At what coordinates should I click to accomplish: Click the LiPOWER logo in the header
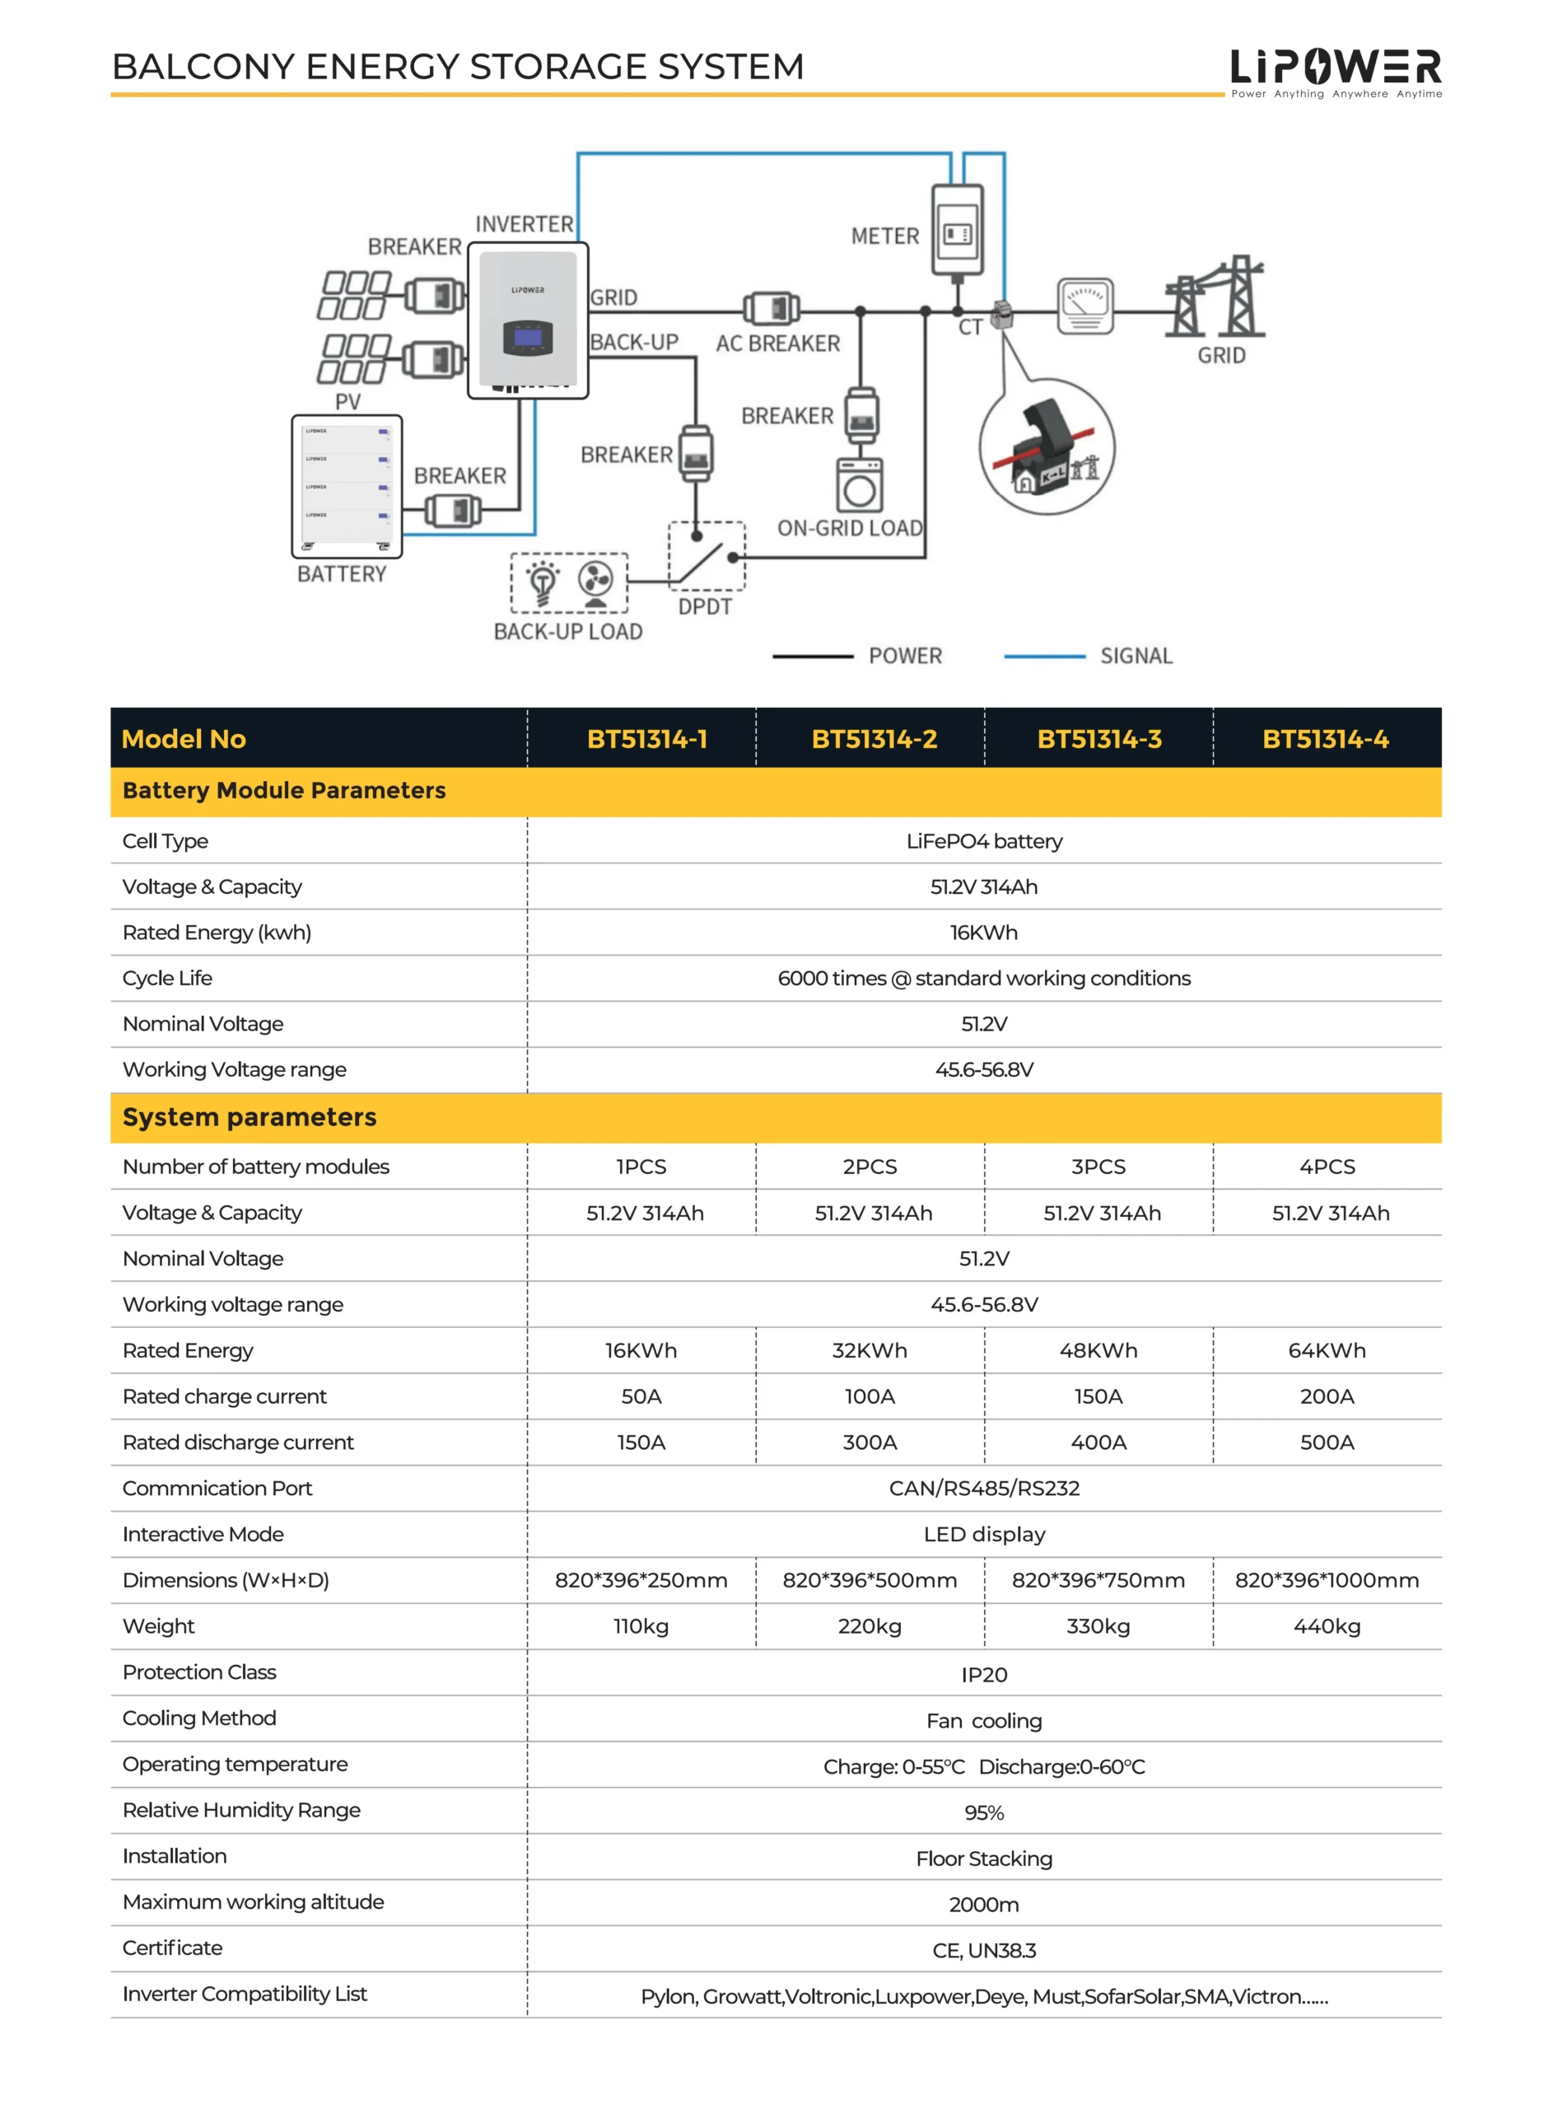point(1335,68)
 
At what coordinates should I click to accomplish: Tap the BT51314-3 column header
point(1099,739)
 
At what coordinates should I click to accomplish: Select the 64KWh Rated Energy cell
point(1327,1350)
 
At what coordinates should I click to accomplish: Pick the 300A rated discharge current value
point(870,1443)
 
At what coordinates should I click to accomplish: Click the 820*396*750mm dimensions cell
point(1098,1581)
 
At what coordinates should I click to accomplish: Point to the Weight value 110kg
point(641,1626)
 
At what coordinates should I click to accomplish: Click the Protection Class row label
point(199,1672)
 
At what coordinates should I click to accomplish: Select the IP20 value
point(984,1675)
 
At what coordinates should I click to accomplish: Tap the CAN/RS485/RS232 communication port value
point(984,1489)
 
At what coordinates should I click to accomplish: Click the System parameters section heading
point(250,1117)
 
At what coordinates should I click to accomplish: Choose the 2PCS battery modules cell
point(870,1167)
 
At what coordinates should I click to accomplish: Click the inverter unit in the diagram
point(529,320)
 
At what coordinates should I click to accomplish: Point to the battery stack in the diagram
point(347,486)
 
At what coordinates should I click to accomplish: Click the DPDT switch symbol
point(707,557)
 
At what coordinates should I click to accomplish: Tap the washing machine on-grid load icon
point(859,485)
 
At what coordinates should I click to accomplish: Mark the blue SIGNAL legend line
point(1044,657)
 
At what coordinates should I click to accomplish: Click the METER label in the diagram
point(884,236)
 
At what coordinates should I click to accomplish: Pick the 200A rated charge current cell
point(1327,1396)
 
